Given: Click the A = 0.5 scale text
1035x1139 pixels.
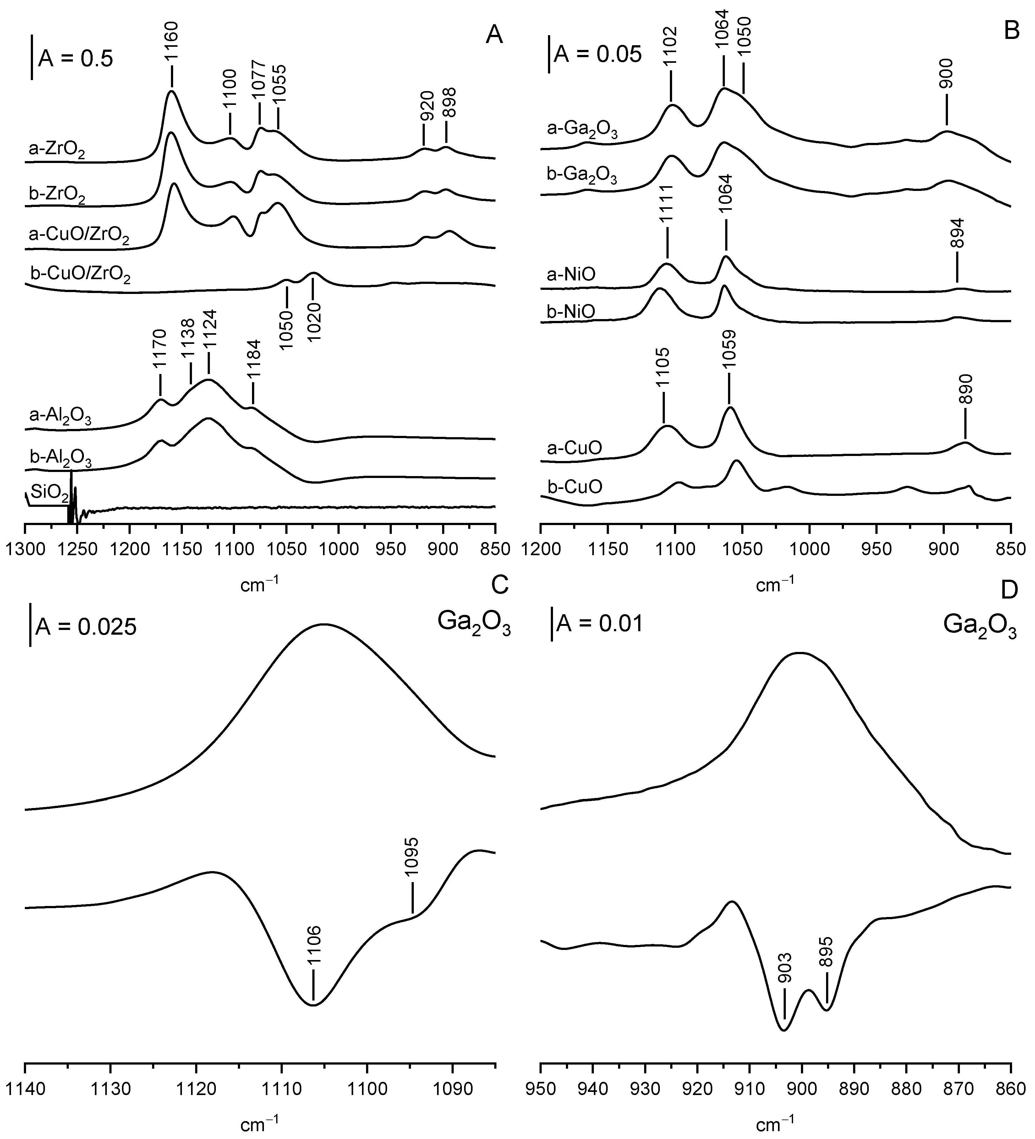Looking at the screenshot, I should tap(75, 58).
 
